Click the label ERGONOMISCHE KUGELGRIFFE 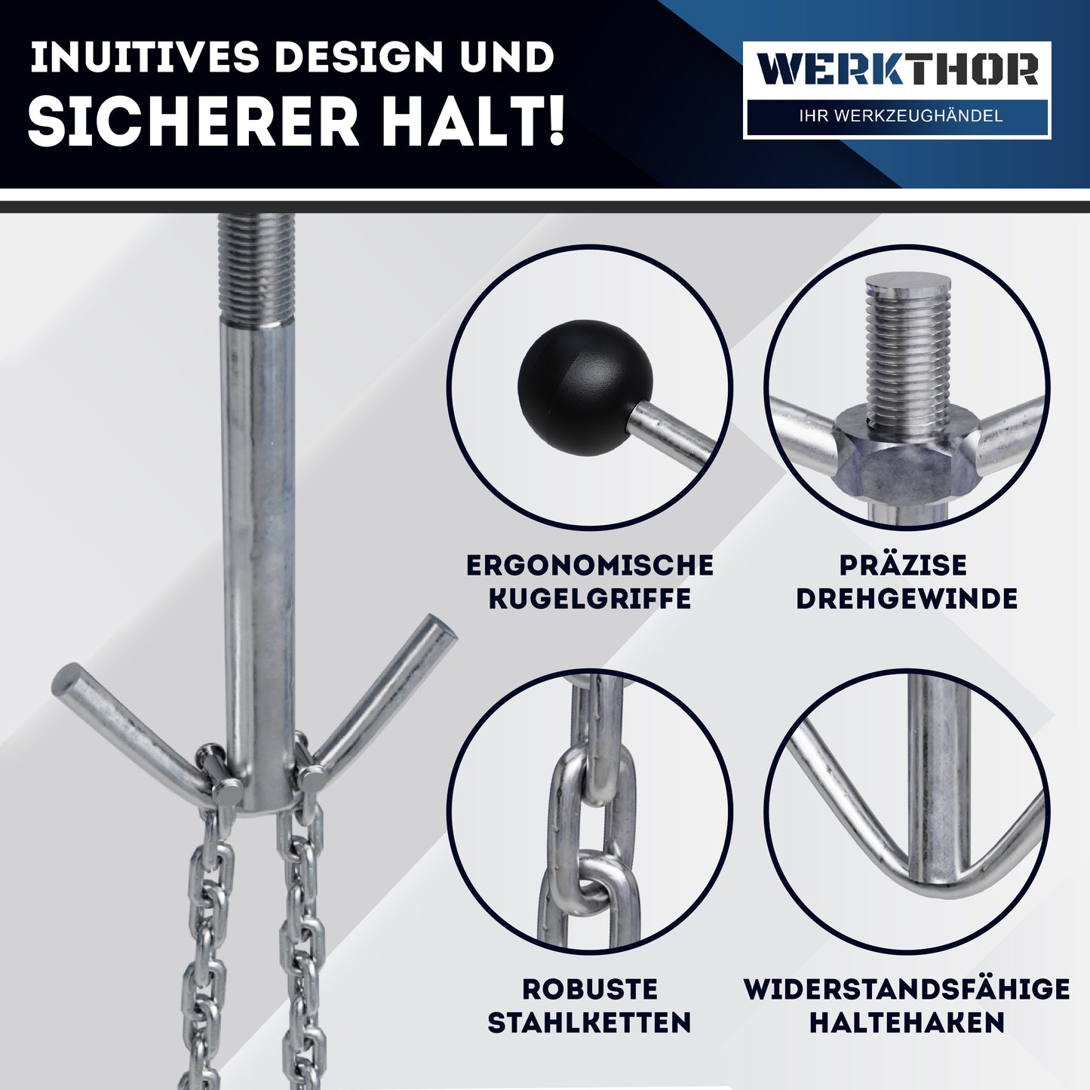point(590,582)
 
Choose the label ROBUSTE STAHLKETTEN point(590,1006)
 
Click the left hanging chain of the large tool point(204,943)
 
